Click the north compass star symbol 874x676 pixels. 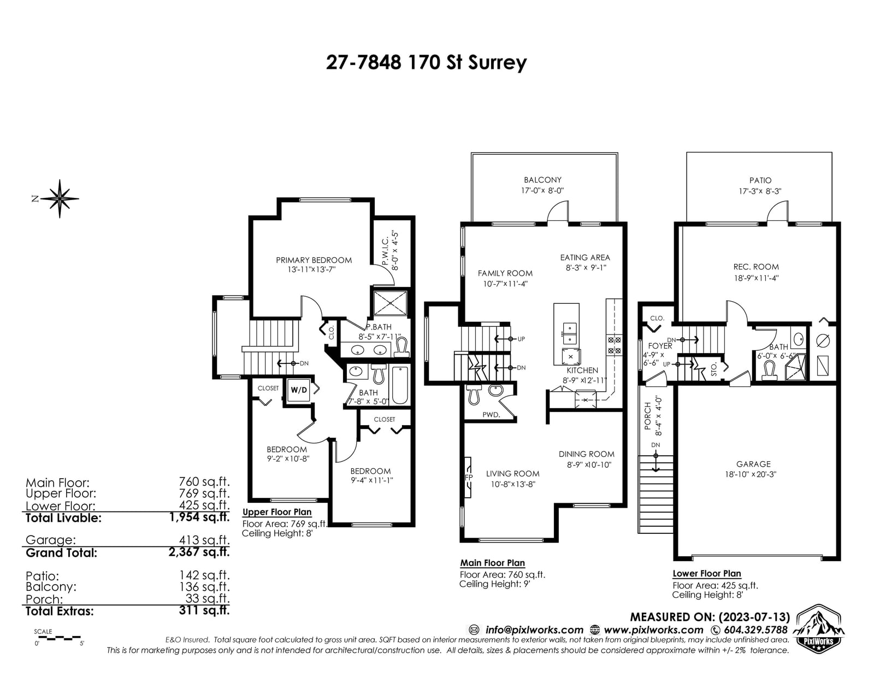coord(60,199)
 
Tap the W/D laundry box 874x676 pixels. coord(299,390)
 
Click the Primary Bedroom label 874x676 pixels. coord(314,260)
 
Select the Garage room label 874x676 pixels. coord(753,464)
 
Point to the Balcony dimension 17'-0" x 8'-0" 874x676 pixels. coord(542,191)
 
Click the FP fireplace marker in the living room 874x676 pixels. coord(468,477)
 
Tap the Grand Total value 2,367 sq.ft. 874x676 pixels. coord(199,551)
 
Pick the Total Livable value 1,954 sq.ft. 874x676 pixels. coord(199,517)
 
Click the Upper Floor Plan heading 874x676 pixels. coord(277,512)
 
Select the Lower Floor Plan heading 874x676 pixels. coord(707,573)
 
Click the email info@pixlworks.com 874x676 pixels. coord(534,630)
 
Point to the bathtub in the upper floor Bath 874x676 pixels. coord(400,385)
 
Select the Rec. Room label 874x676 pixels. coord(756,267)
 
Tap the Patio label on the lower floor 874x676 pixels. coord(760,180)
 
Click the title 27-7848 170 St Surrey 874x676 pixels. coord(426,63)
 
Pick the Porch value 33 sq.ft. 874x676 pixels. coord(208,598)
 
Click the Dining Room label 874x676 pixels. coord(587,454)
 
